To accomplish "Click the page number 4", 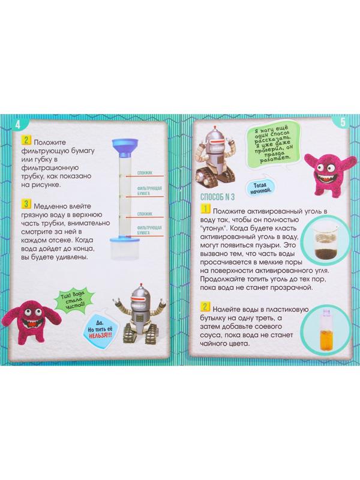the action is tap(18, 125).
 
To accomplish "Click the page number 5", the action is tap(343, 122).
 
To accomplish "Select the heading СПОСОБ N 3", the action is tap(217, 197).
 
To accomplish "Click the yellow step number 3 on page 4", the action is tap(26, 204).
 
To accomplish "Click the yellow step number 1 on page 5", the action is tap(205, 209).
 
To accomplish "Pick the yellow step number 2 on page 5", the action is tap(205, 307).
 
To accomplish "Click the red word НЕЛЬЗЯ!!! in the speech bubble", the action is tap(100, 335).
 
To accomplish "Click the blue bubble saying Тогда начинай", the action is tap(260, 187).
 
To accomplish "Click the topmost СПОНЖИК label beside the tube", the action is tap(145, 173).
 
